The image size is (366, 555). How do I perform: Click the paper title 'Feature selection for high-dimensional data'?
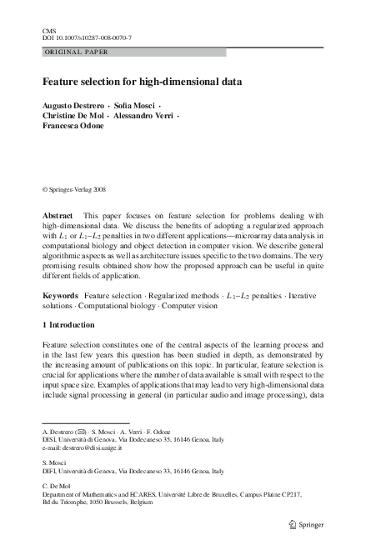point(143,83)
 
